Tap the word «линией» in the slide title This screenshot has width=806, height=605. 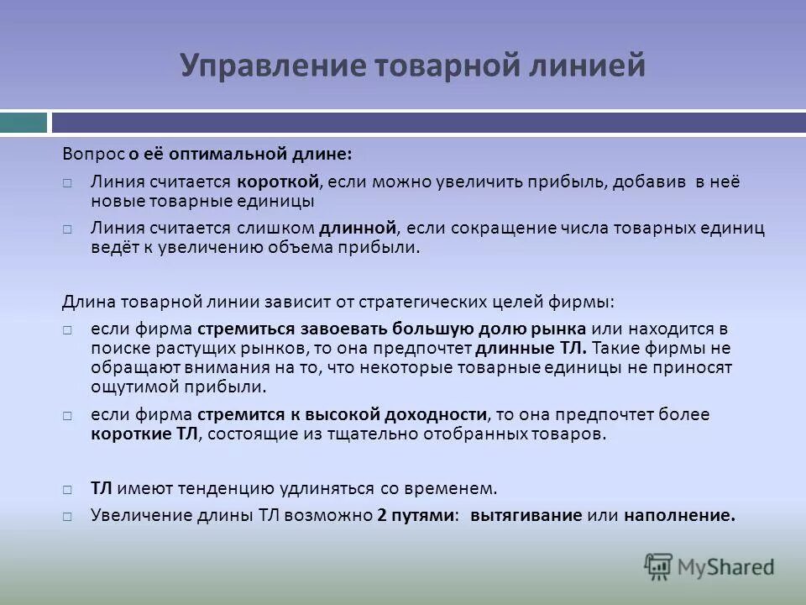[589, 66]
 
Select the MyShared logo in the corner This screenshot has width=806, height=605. [709, 566]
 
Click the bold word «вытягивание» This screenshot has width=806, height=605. [526, 516]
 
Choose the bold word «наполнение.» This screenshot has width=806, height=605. [679, 516]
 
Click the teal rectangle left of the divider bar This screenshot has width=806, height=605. [24, 123]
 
